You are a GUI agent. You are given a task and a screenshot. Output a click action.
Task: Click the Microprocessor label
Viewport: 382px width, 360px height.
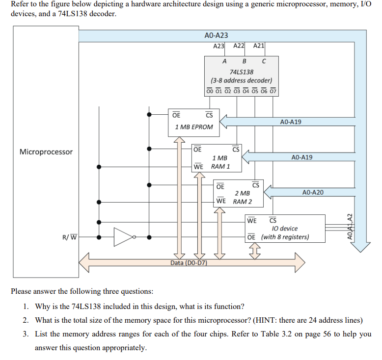(x=46, y=152)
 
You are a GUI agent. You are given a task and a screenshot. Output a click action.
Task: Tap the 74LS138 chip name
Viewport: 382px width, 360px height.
(x=242, y=72)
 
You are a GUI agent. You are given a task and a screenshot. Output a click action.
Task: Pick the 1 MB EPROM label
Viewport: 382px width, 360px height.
(x=194, y=127)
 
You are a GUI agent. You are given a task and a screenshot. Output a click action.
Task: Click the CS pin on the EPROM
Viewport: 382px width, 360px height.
(x=209, y=115)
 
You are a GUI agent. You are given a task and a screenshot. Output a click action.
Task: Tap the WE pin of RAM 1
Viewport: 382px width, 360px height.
(x=198, y=166)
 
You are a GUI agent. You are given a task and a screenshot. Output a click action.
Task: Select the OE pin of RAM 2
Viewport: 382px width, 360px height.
(x=220, y=186)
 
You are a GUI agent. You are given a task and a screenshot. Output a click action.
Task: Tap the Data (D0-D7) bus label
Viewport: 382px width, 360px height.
(x=189, y=263)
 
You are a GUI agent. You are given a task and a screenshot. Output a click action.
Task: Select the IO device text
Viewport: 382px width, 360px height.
(x=284, y=229)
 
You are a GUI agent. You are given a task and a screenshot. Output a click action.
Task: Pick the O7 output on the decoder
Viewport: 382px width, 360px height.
(x=273, y=90)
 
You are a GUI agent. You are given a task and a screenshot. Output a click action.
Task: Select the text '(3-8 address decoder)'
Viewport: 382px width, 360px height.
(x=241, y=80)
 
